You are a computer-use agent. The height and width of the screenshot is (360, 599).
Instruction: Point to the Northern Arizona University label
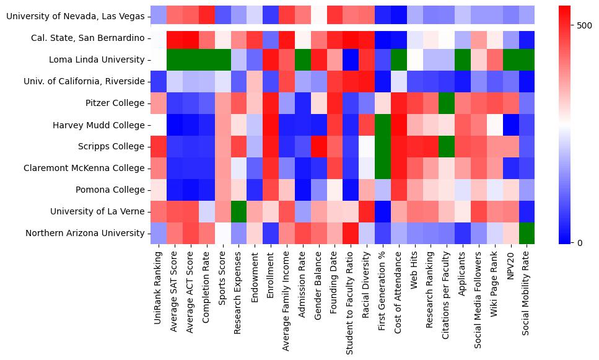tap(85, 233)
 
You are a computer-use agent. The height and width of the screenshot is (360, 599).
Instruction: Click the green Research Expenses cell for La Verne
tap(238, 211)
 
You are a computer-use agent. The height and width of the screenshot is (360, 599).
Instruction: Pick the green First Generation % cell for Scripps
tap(383, 146)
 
